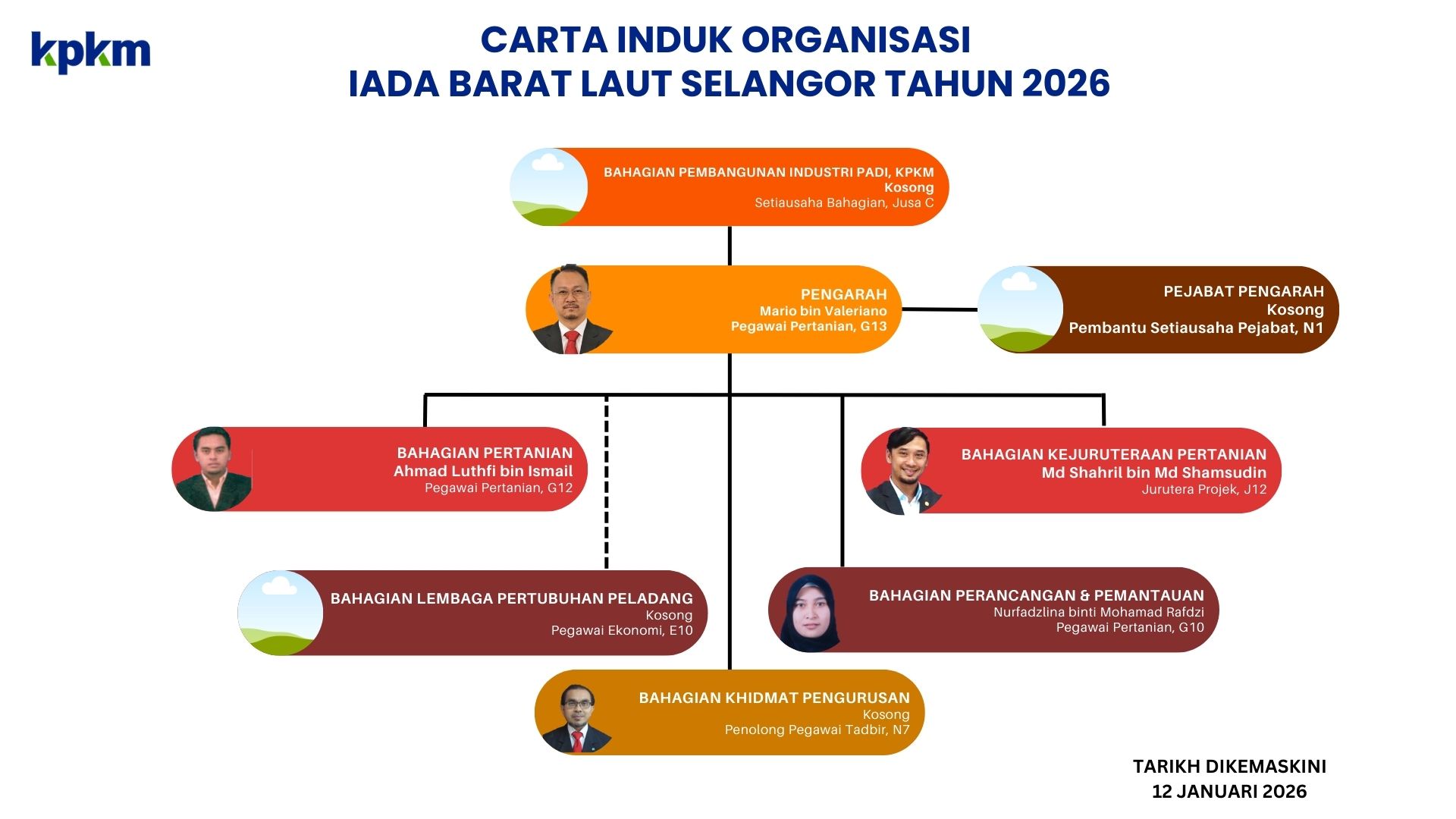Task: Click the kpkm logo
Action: (90, 52)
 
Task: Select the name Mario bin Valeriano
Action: (823, 311)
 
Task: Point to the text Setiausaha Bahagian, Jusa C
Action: (844, 202)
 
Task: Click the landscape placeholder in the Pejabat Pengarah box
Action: (1020, 309)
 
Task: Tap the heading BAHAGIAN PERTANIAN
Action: (485, 453)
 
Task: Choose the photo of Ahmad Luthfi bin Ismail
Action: (213, 469)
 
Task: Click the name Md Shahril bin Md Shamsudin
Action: (1153, 472)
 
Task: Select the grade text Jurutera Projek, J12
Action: (1204, 490)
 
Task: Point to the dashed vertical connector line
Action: (607, 482)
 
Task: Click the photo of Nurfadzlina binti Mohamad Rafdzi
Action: (811, 611)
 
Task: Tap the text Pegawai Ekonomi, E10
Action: (622, 630)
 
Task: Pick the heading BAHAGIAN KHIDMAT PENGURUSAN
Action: (774, 698)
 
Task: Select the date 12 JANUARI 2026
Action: (1229, 792)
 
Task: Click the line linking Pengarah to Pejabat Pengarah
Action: (940, 309)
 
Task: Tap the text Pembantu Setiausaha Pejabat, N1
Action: (1196, 328)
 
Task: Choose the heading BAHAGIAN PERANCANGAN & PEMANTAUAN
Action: (1036, 595)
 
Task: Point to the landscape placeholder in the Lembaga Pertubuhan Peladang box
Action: (280, 613)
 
